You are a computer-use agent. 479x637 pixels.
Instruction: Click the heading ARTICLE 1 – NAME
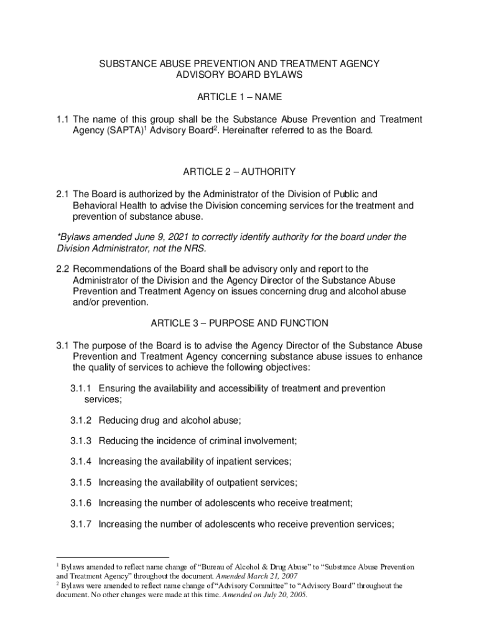(240, 97)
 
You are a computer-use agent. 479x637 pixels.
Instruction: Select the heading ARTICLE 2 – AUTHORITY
(240, 172)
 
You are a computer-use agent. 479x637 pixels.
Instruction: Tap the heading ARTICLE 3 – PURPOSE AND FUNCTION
(240, 323)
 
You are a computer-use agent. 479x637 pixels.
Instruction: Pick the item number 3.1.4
(81, 461)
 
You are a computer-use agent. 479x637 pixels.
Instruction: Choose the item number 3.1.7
(81, 524)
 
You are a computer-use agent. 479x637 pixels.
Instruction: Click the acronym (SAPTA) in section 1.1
(123, 131)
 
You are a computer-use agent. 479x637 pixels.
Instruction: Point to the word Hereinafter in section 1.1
(245, 131)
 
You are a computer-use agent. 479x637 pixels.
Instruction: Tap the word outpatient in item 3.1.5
(235, 482)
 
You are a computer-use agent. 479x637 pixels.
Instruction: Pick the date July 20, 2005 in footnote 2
(282, 594)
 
